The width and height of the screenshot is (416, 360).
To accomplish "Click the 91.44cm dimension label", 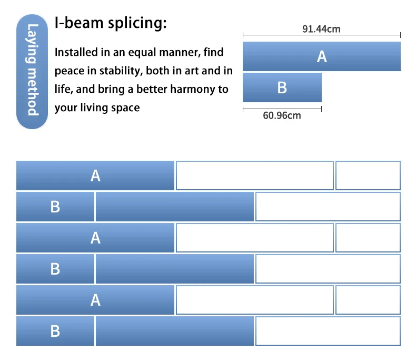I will coord(321,29).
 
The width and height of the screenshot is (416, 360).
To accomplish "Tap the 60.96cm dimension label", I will coord(282,115).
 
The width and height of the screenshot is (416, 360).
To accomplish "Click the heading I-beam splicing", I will coord(111,24).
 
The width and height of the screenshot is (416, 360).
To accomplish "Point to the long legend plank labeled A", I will coord(321,56).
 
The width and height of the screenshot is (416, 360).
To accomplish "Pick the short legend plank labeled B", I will coord(282,87).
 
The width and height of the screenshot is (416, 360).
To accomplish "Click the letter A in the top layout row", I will coord(95,176).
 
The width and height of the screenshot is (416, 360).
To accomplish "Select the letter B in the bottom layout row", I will coord(55,331).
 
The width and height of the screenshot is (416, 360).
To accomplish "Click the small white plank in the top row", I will coord(368,176).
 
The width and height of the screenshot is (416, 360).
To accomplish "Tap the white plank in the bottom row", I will coord(328,331).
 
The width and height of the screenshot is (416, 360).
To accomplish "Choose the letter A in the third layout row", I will coord(95,238).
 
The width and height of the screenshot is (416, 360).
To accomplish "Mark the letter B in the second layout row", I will coord(55,207).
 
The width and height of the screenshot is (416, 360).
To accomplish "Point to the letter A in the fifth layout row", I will coord(95,300).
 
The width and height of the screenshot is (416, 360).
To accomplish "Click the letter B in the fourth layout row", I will coord(55,269).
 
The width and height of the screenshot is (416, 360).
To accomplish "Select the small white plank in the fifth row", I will coord(368,300).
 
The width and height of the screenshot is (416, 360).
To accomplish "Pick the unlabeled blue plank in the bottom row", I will coord(174,331).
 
